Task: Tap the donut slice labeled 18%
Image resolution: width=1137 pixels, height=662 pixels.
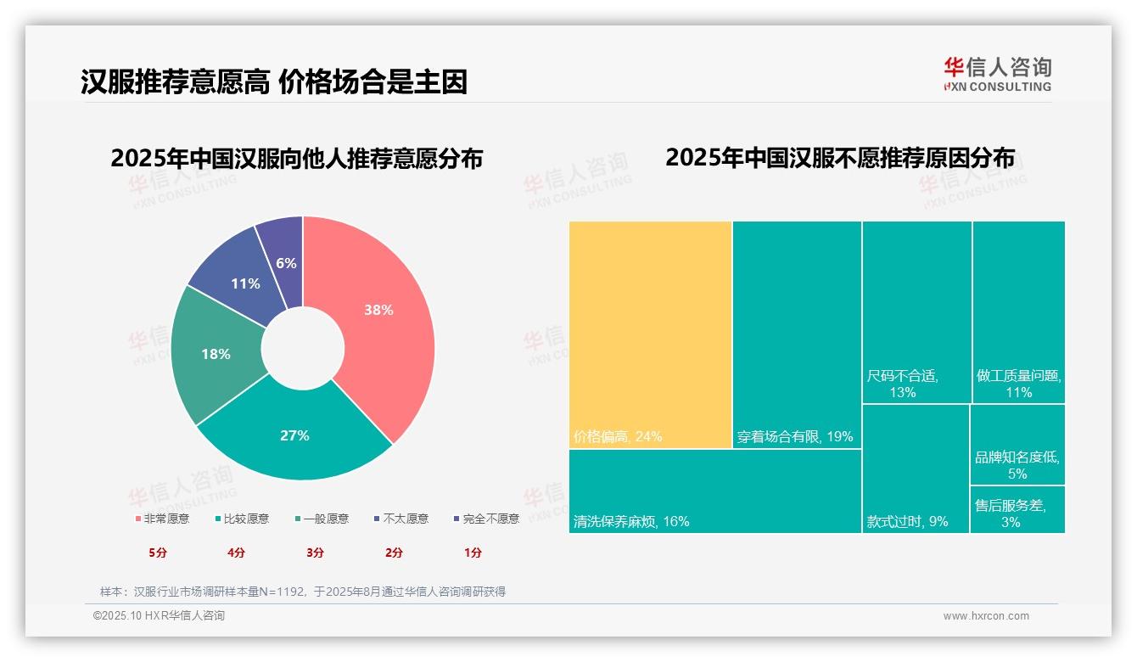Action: (x=216, y=354)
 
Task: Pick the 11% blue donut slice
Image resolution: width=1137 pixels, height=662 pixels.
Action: (x=245, y=283)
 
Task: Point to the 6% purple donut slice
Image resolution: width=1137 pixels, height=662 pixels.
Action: (x=286, y=263)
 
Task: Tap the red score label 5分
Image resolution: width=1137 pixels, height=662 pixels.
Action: (x=158, y=553)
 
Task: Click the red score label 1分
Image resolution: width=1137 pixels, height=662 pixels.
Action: (x=473, y=553)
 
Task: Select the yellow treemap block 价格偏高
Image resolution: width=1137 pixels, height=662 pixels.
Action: (x=650, y=334)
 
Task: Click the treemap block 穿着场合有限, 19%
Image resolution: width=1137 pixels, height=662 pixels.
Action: (x=797, y=334)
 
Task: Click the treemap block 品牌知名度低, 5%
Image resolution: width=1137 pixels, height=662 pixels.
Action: (x=1017, y=445)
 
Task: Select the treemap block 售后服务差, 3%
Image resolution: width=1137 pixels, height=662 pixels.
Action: (x=1017, y=509)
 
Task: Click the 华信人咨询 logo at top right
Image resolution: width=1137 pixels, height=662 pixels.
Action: (x=997, y=74)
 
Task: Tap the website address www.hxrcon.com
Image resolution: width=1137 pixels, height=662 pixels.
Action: (x=986, y=616)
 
